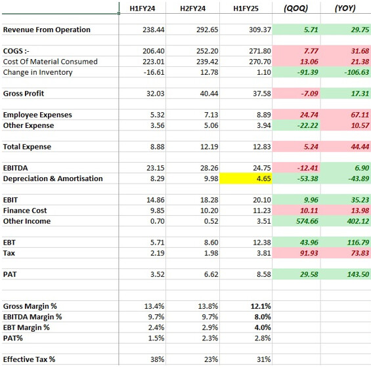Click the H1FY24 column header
[142, 9]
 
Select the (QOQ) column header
[296, 9]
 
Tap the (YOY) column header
[345, 9]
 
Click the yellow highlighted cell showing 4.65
[246, 178]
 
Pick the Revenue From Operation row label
[47, 30]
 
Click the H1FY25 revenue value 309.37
[260, 30]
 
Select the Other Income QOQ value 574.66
[307, 221]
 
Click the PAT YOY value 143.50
[358, 274]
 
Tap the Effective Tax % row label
[29, 359]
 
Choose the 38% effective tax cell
[157, 359]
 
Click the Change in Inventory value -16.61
[154, 72]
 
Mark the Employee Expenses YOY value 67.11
[360, 115]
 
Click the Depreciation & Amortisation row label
[53, 178]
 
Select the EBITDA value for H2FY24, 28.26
[209, 168]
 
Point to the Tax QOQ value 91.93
[309, 253]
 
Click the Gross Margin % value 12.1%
[261, 306]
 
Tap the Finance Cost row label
[25, 211]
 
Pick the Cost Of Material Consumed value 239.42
[207, 62]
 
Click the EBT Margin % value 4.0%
[263, 327]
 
